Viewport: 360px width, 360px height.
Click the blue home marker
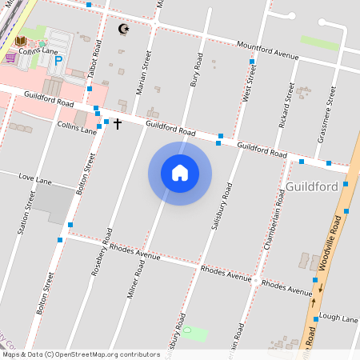pyautogui.click(x=180, y=173)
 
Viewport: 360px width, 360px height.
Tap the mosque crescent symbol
pyautogui.click(x=123, y=30)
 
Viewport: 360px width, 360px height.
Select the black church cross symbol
pyautogui.click(x=118, y=124)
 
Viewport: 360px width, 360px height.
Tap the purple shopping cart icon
pyautogui.click(x=10, y=58)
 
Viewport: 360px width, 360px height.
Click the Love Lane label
pyautogui.click(x=34, y=177)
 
